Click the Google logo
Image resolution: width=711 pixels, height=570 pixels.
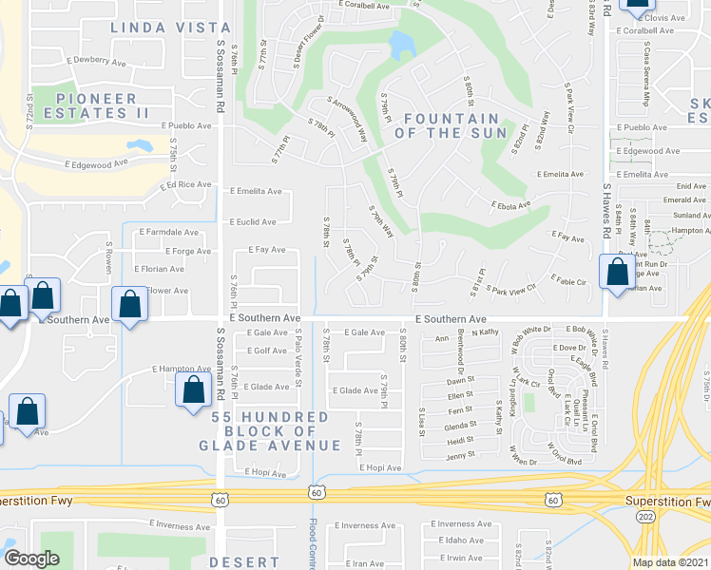(31, 559)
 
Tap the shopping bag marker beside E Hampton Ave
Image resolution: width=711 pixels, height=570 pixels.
(193, 389)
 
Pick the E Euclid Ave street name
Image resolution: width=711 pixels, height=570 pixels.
(252, 221)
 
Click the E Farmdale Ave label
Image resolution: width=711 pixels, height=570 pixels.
(168, 232)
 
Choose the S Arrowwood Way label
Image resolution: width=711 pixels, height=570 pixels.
(347, 117)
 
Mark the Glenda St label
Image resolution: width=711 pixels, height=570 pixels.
(461, 427)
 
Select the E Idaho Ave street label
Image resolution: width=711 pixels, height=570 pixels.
(459, 540)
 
